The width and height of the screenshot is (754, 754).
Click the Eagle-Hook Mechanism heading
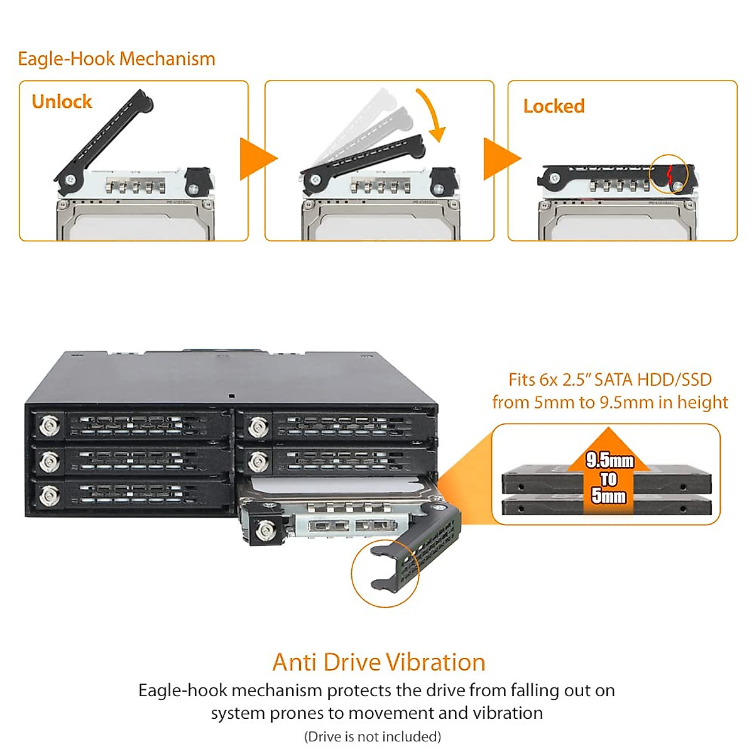(x=116, y=59)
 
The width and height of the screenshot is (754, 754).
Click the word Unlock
(x=62, y=102)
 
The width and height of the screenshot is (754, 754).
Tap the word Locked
(x=554, y=106)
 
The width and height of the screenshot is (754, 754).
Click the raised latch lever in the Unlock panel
(x=104, y=141)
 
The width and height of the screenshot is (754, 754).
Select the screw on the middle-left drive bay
(x=48, y=462)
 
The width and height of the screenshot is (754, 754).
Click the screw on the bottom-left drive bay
(x=48, y=496)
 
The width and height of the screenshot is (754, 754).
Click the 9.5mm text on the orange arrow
(x=609, y=461)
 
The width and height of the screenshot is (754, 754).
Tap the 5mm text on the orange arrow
(x=608, y=496)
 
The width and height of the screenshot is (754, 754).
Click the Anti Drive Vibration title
(x=379, y=662)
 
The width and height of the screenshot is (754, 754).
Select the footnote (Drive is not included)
(x=373, y=736)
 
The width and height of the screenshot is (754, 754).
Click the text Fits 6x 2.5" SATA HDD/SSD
(x=609, y=380)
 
